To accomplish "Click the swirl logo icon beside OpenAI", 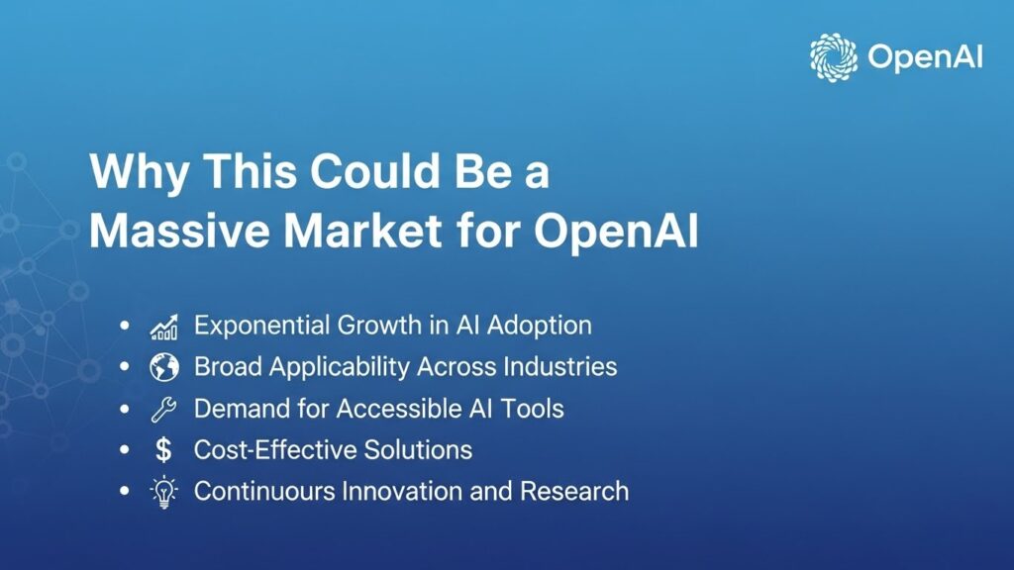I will [x=834, y=56].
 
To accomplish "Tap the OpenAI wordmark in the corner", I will [x=924, y=57].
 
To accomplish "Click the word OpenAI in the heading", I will [x=617, y=231].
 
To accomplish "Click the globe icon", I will [x=163, y=367].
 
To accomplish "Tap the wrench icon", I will [x=163, y=409].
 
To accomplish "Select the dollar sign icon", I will [x=163, y=450].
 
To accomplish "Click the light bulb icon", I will [x=163, y=492].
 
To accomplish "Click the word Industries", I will [x=560, y=367].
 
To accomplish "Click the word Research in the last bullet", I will [x=577, y=491].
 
